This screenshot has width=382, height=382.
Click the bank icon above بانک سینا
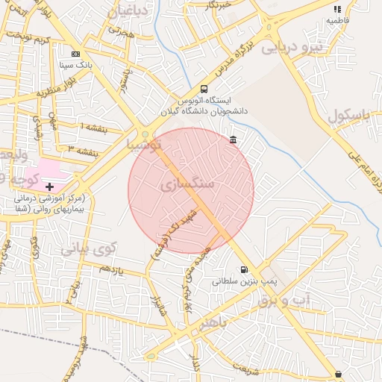pyautogui.click(x=75, y=54)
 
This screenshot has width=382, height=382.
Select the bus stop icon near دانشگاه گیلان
pyautogui.click(x=204, y=89)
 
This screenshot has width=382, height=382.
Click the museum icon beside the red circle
pyautogui.click(x=234, y=140)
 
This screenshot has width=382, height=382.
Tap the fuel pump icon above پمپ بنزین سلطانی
pyautogui.click(x=243, y=270)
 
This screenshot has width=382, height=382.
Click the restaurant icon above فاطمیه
pyautogui.click(x=337, y=10)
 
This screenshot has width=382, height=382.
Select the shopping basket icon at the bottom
pyautogui.click(x=338, y=374)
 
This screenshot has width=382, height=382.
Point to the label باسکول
pyautogui.click(x=348, y=116)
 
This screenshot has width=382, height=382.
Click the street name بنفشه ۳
pyautogui.click(x=82, y=150)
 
